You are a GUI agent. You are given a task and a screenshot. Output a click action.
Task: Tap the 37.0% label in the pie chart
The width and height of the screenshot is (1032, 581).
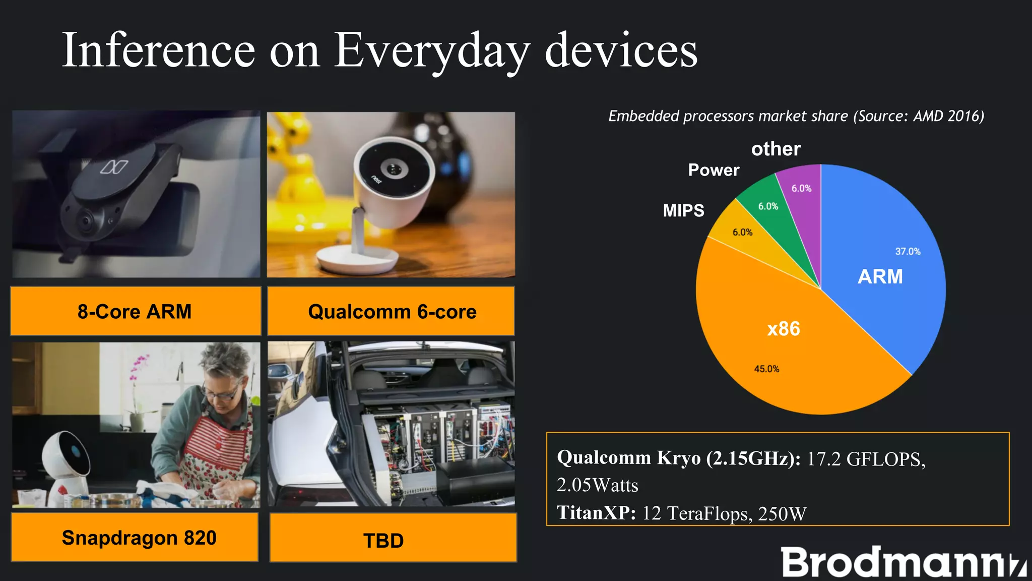[908, 251]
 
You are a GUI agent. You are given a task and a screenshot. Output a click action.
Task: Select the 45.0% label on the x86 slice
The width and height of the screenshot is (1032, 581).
[766, 369]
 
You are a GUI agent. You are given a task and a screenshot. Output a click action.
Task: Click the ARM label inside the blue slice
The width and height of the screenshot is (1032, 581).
[880, 276]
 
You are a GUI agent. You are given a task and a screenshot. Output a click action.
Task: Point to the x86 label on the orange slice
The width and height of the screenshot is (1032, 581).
[783, 329]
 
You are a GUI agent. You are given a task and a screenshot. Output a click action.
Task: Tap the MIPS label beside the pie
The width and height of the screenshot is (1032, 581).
[683, 210]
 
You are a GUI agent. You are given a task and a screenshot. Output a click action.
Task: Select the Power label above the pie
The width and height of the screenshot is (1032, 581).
[714, 170]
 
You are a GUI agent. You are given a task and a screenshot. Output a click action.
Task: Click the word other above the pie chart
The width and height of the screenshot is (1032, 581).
[776, 149]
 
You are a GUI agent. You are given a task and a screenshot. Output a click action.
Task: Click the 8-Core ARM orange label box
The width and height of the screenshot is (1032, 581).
[135, 311]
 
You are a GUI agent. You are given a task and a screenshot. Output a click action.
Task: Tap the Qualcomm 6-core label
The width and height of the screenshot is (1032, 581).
[392, 311]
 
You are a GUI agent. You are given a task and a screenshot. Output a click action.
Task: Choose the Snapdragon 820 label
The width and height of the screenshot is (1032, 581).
[139, 538]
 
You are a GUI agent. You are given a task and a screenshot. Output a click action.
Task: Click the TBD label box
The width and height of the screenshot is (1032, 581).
[384, 540]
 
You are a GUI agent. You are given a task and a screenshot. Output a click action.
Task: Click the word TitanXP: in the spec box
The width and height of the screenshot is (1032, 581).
[596, 513]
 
